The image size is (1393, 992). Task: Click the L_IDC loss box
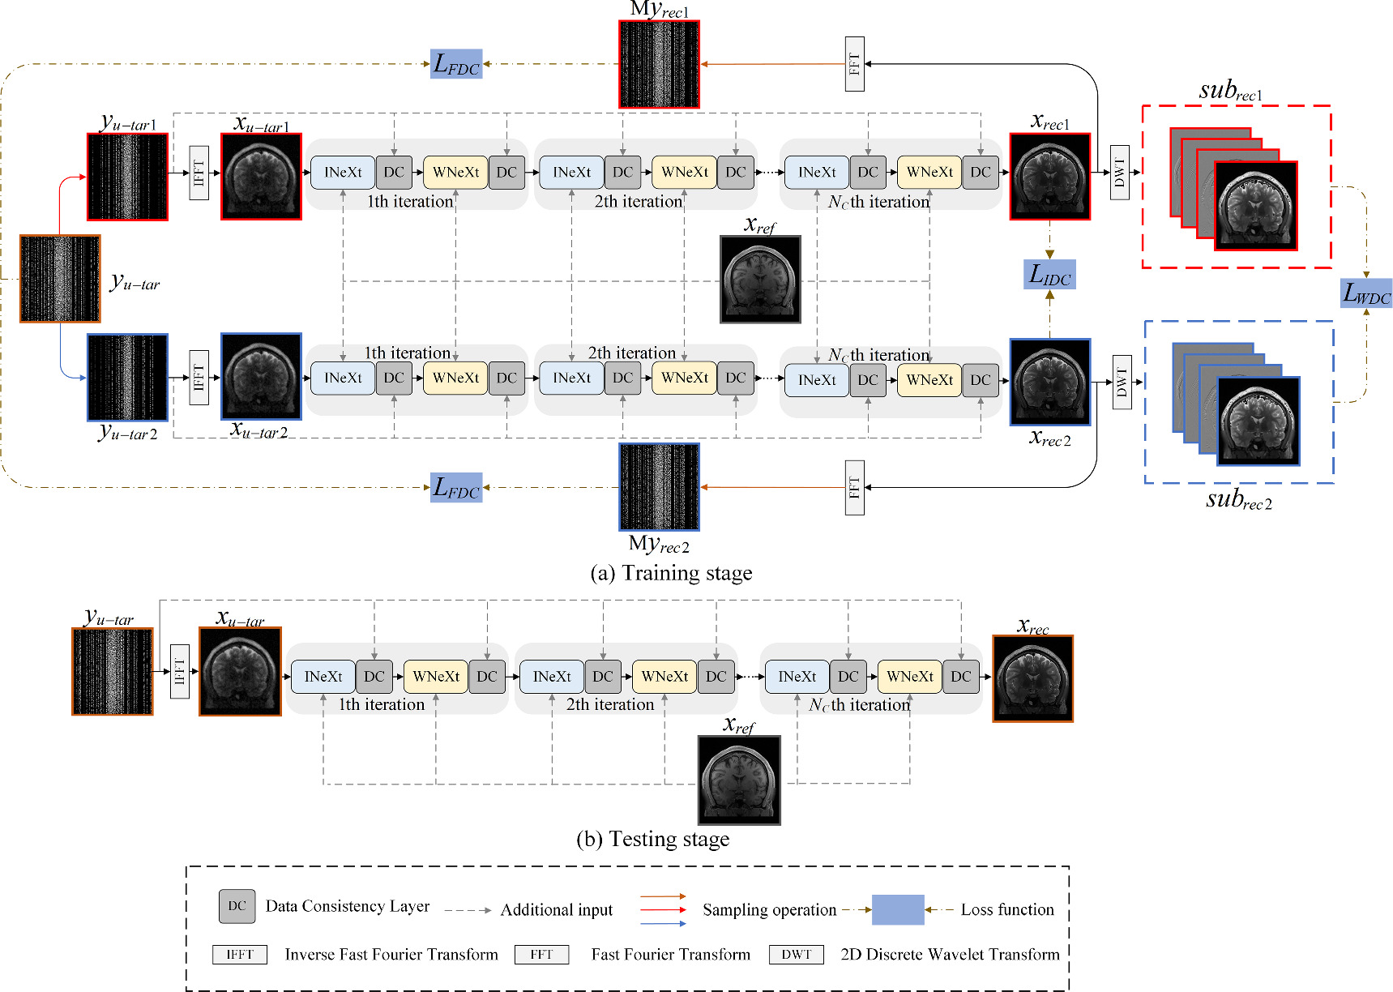pos(1049,275)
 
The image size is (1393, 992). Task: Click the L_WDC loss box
pos(1366,293)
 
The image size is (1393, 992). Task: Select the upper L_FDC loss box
pos(456,63)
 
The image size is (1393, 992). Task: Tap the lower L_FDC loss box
pos(456,487)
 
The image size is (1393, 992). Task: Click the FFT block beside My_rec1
pos(854,64)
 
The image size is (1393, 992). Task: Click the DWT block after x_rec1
pos(1119,172)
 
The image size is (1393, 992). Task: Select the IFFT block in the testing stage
pos(180,671)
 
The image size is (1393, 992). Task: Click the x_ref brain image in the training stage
pos(760,280)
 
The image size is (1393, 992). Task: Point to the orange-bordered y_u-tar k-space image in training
pos(60,279)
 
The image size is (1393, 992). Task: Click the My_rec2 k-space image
pos(659,486)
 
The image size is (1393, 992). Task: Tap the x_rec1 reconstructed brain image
pos(1049,177)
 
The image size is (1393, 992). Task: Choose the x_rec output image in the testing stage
pos(1032,678)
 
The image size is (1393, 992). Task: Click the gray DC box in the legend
pos(237,906)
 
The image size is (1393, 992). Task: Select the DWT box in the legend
pos(796,955)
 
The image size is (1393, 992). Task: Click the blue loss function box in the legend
pos(898,909)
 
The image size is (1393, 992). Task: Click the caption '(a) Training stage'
pos(671,573)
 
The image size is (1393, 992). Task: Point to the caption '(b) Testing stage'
pos(652,839)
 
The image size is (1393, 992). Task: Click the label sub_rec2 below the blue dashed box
pos(1238,499)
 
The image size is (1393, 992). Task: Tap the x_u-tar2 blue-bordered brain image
pos(261,376)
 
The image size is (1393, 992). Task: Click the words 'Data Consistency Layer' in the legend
pos(348,906)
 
